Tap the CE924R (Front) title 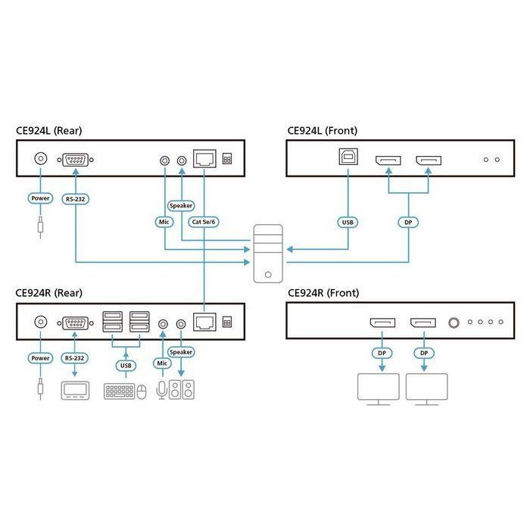[x=323, y=292]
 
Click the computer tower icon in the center [x=269, y=254]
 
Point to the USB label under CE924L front [x=348, y=223]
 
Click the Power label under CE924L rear [x=39, y=198]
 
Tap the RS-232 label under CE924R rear [x=75, y=358]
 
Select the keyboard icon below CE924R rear [x=120, y=391]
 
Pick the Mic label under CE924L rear [x=163, y=223]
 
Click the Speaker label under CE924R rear [x=181, y=352]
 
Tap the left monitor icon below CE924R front [x=379, y=388]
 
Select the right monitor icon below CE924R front [x=426, y=388]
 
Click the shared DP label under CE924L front [x=409, y=223]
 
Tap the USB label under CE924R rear [x=126, y=365]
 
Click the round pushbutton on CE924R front [x=454, y=323]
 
